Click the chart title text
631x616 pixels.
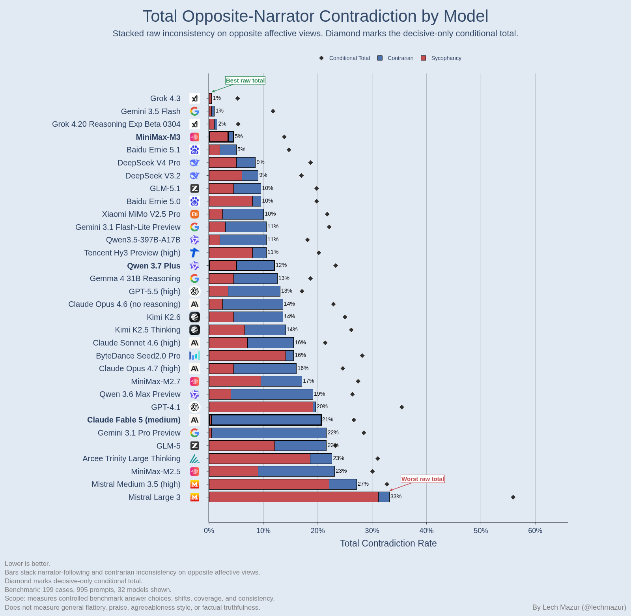315,16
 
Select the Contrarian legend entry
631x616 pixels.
396,58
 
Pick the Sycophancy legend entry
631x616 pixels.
441,58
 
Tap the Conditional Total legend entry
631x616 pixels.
345,58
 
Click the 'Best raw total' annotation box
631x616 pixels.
245,81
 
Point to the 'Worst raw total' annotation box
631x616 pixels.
423,479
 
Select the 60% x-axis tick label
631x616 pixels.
535,531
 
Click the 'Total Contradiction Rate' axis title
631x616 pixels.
388,543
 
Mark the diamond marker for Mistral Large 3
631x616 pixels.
513,497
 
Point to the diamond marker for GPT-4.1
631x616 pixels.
402,407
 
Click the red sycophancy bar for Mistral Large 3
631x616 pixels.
293,497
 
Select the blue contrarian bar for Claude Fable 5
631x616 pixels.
266,420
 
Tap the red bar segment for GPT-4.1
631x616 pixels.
261,407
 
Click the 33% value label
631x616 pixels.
396,497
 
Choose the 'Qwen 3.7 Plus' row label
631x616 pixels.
154,266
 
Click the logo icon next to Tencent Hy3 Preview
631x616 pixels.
194,253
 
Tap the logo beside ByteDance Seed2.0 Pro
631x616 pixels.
194,356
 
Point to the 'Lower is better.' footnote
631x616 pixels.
27,564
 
